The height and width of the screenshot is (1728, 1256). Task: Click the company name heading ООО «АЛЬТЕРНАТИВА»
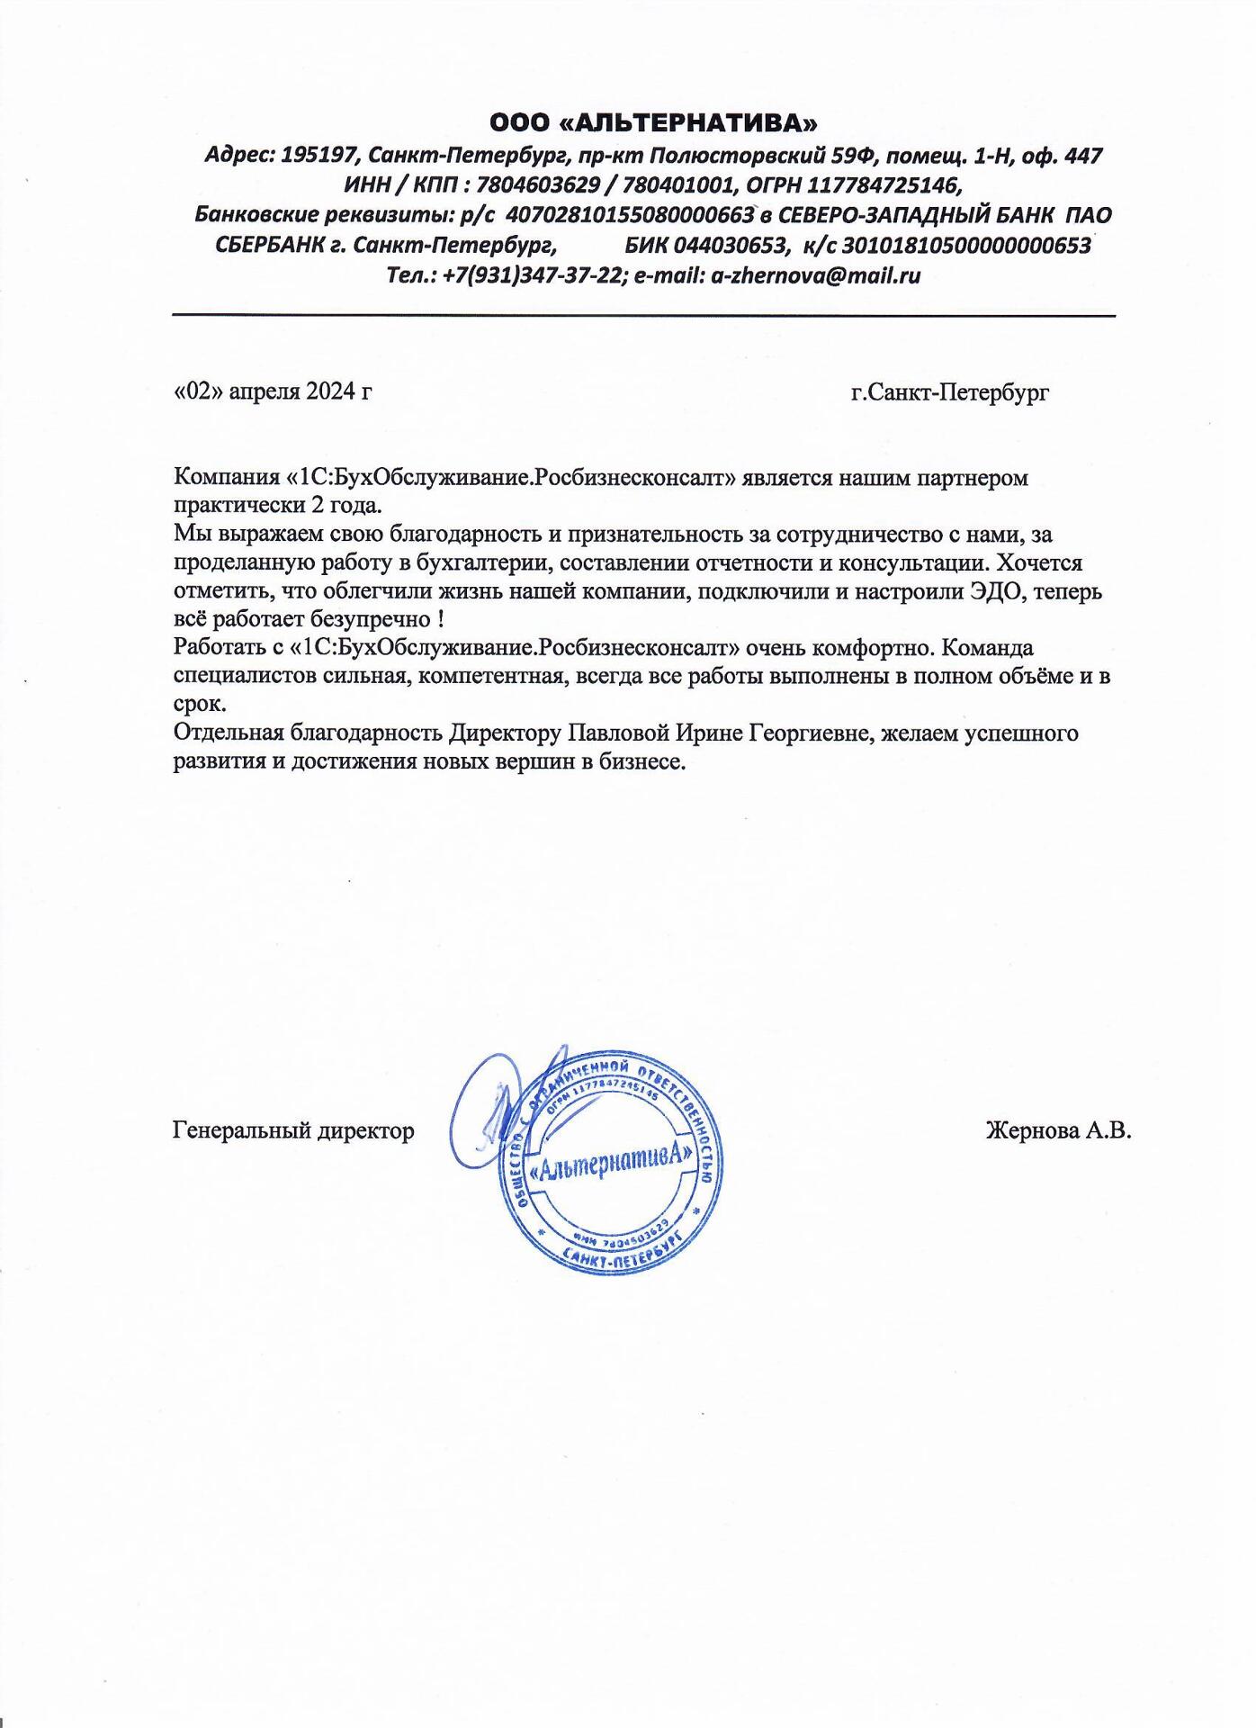tap(654, 121)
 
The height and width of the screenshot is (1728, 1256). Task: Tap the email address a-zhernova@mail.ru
tap(816, 275)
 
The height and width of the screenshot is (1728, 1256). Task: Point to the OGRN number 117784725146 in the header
tap(882, 185)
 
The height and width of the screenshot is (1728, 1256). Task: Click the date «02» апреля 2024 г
tap(272, 391)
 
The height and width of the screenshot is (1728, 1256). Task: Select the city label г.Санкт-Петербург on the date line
tap(949, 392)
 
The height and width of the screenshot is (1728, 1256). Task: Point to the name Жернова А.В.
tap(1058, 1129)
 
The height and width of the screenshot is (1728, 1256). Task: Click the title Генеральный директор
tap(293, 1129)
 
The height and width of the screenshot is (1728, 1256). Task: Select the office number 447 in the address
tap(1082, 156)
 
